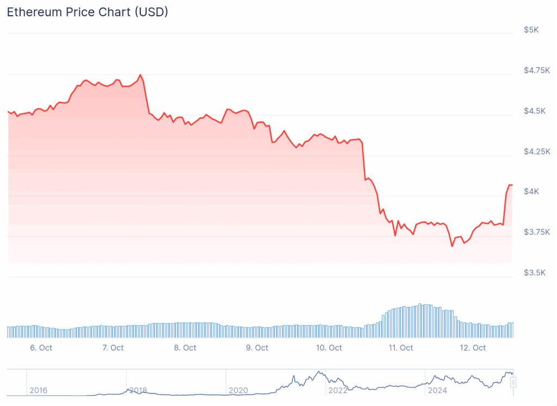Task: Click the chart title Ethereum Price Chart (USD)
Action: coord(87,12)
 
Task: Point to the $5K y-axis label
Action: coord(531,30)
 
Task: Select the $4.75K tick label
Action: coord(537,70)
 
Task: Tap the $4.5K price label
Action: coord(534,111)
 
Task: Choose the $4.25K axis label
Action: coord(537,151)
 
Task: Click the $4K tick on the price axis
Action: coord(531,191)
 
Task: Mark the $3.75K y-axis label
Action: coord(537,232)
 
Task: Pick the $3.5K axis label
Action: coord(534,272)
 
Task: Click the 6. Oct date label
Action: coord(41,348)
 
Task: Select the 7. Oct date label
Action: coord(113,348)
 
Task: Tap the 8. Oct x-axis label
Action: coord(185,348)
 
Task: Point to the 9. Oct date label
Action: coord(257,348)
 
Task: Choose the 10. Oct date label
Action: coord(329,348)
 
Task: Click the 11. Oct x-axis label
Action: coord(401,348)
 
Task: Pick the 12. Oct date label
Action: coord(473,348)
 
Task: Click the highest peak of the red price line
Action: coord(140,74)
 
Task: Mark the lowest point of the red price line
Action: coord(451,246)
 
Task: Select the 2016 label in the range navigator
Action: coord(38,390)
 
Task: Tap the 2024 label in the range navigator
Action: coord(437,390)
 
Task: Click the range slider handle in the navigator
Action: coord(512,383)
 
